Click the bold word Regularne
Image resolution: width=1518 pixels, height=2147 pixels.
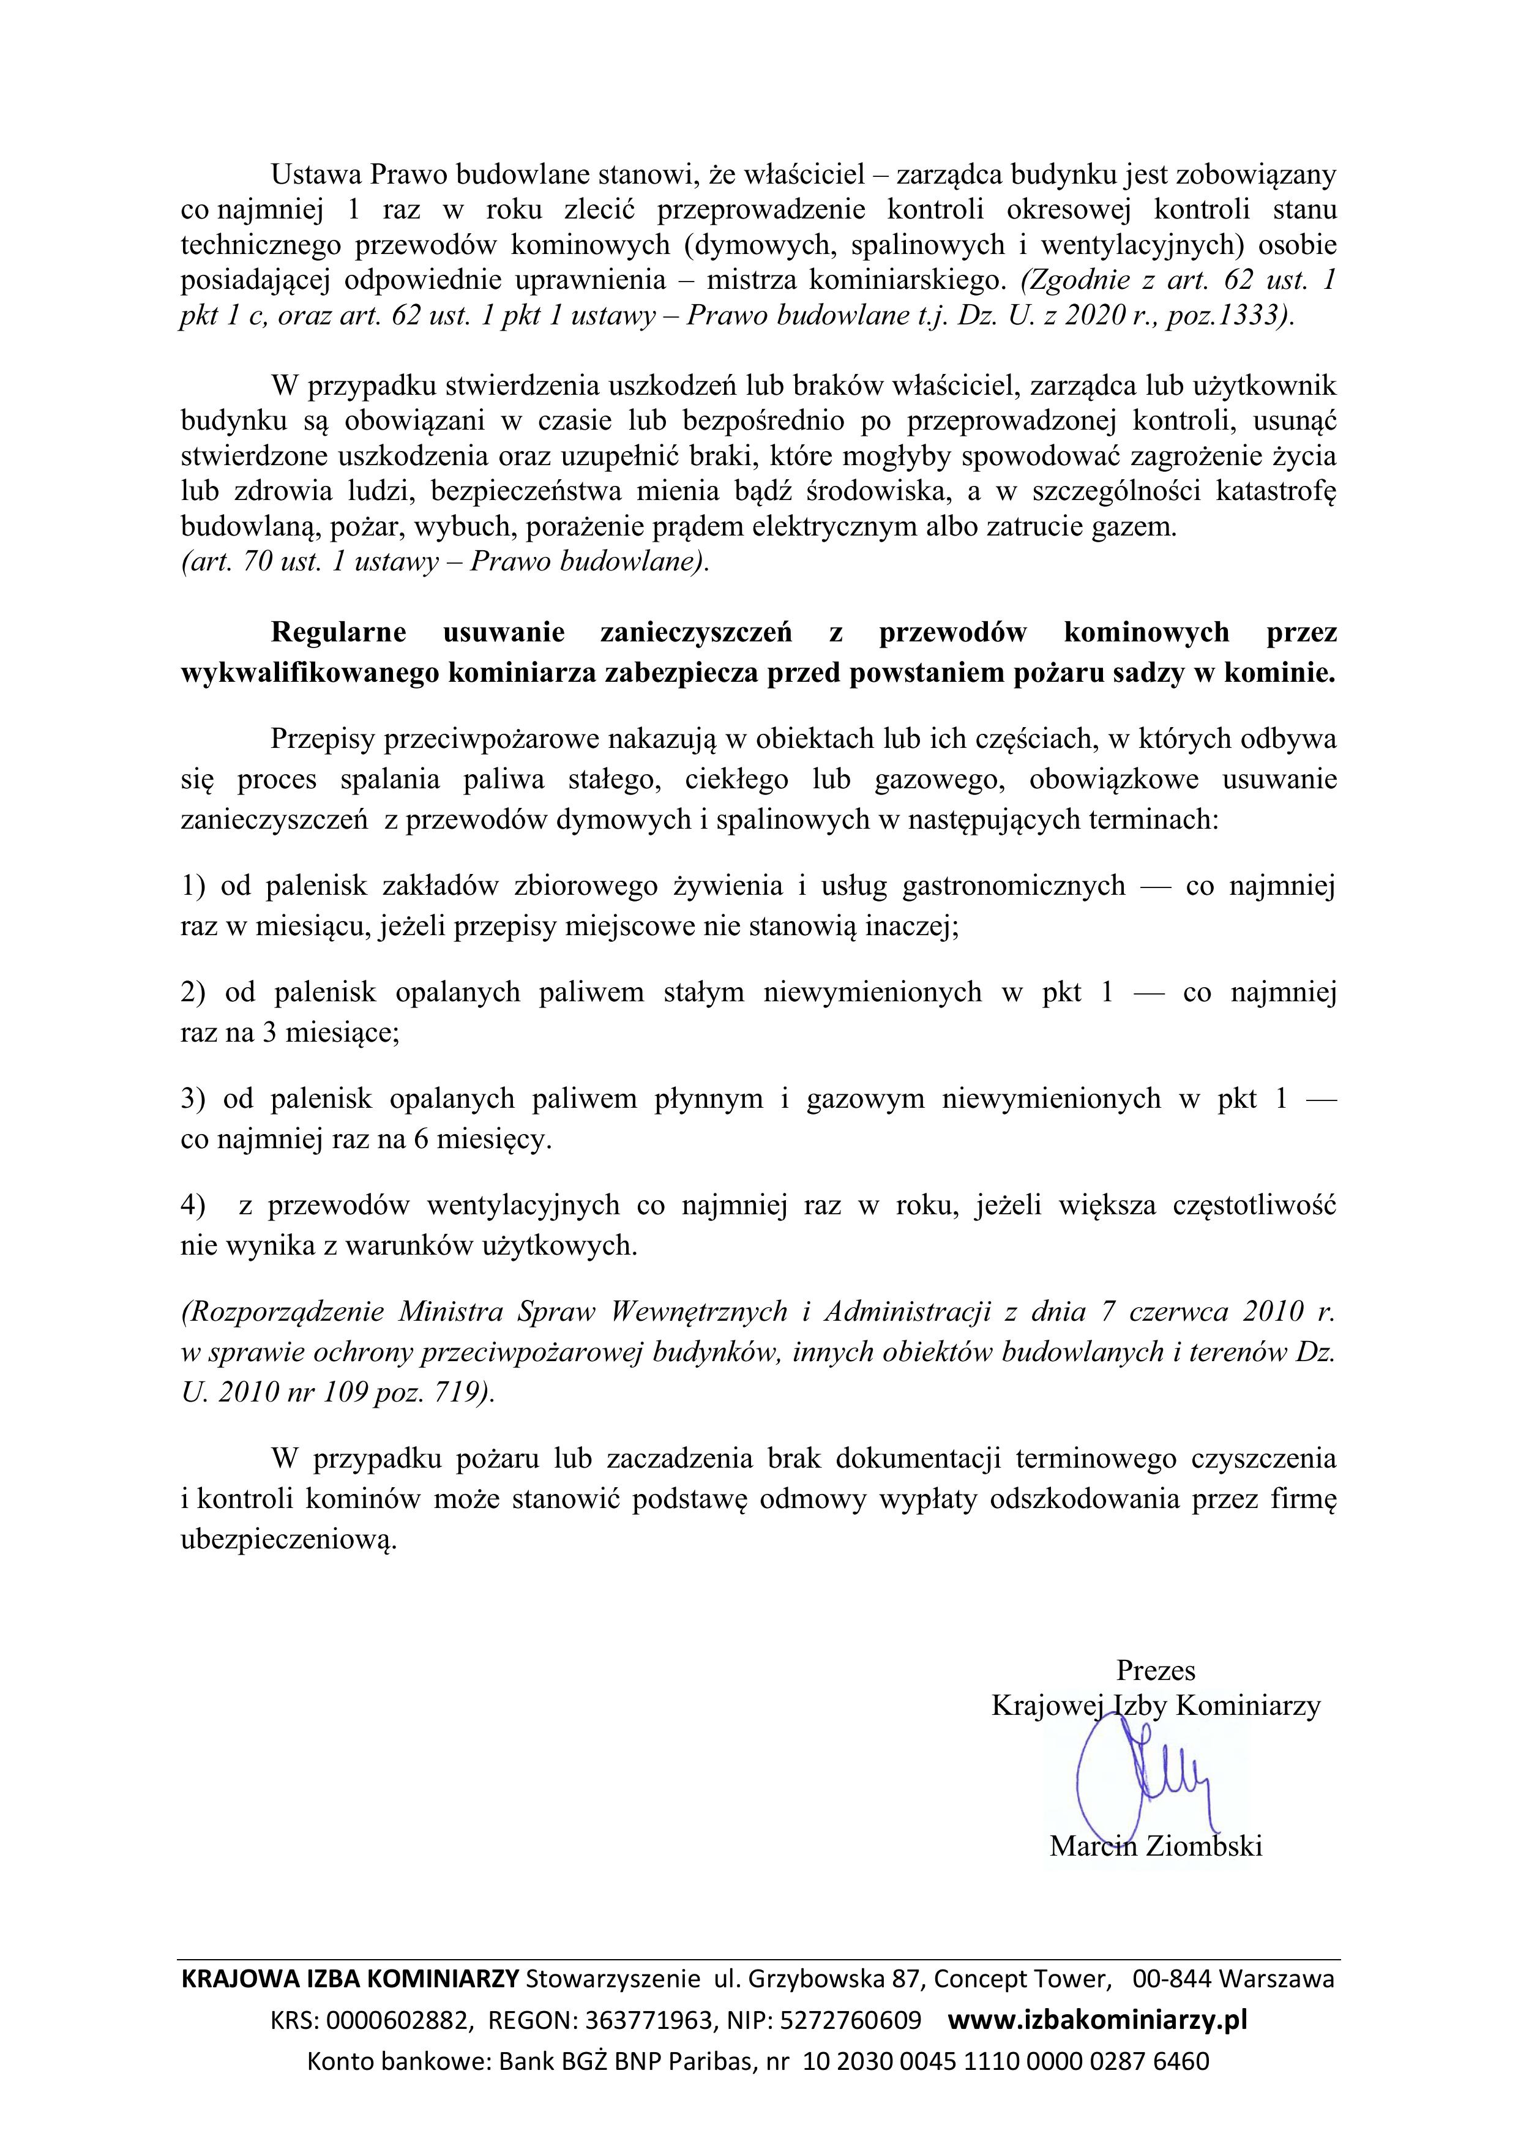point(338,633)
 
